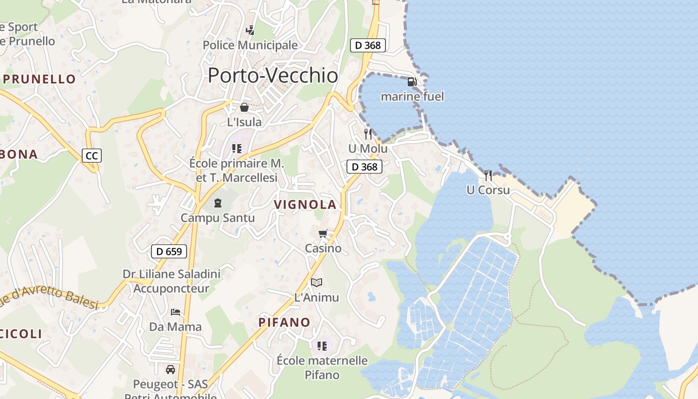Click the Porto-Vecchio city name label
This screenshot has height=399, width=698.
pyautogui.click(x=273, y=75)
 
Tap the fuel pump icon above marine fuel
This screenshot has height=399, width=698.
pyautogui.click(x=412, y=82)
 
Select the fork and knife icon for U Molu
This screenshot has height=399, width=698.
pyautogui.click(x=368, y=134)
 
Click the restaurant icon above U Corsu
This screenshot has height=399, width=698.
pyautogui.click(x=488, y=175)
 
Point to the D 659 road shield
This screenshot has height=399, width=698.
pyautogui.click(x=169, y=251)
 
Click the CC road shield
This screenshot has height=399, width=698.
pyautogui.click(x=92, y=156)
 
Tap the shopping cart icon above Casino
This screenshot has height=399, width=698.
pyautogui.click(x=323, y=233)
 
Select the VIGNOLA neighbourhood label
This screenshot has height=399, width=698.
pyautogui.click(x=305, y=204)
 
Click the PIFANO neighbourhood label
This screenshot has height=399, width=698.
pyautogui.click(x=284, y=322)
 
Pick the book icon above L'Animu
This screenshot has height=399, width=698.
pyautogui.click(x=317, y=282)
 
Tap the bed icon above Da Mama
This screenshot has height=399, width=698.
pyautogui.click(x=175, y=312)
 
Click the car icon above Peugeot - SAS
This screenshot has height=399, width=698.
pyautogui.click(x=171, y=370)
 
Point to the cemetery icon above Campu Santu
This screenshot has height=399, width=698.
pyautogui.click(x=218, y=203)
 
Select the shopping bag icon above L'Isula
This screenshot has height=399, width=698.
pyautogui.click(x=244, y=107)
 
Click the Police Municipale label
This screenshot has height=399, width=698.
pyautogui.click(x=250, y=45)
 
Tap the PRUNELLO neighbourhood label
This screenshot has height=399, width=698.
pyautogui.click(x=39, y=79)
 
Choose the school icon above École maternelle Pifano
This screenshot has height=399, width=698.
pyautogui.click(x=322, y=346)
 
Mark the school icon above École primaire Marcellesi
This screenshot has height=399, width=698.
pyautogui.click(x=237, y=148)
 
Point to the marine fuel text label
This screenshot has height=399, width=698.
pyautogui.click(x=412, y=96)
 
